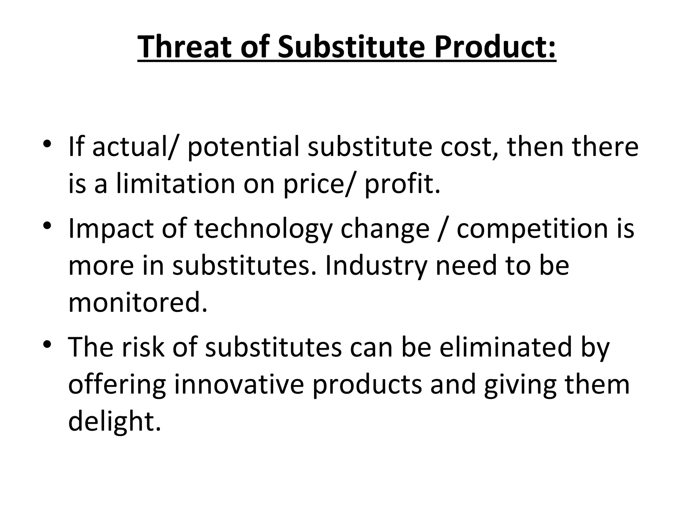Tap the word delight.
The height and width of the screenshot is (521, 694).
tap(114, 422)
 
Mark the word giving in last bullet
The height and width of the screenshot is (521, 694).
tap(520, 385)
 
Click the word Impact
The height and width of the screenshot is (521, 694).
tap(111, 229)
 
